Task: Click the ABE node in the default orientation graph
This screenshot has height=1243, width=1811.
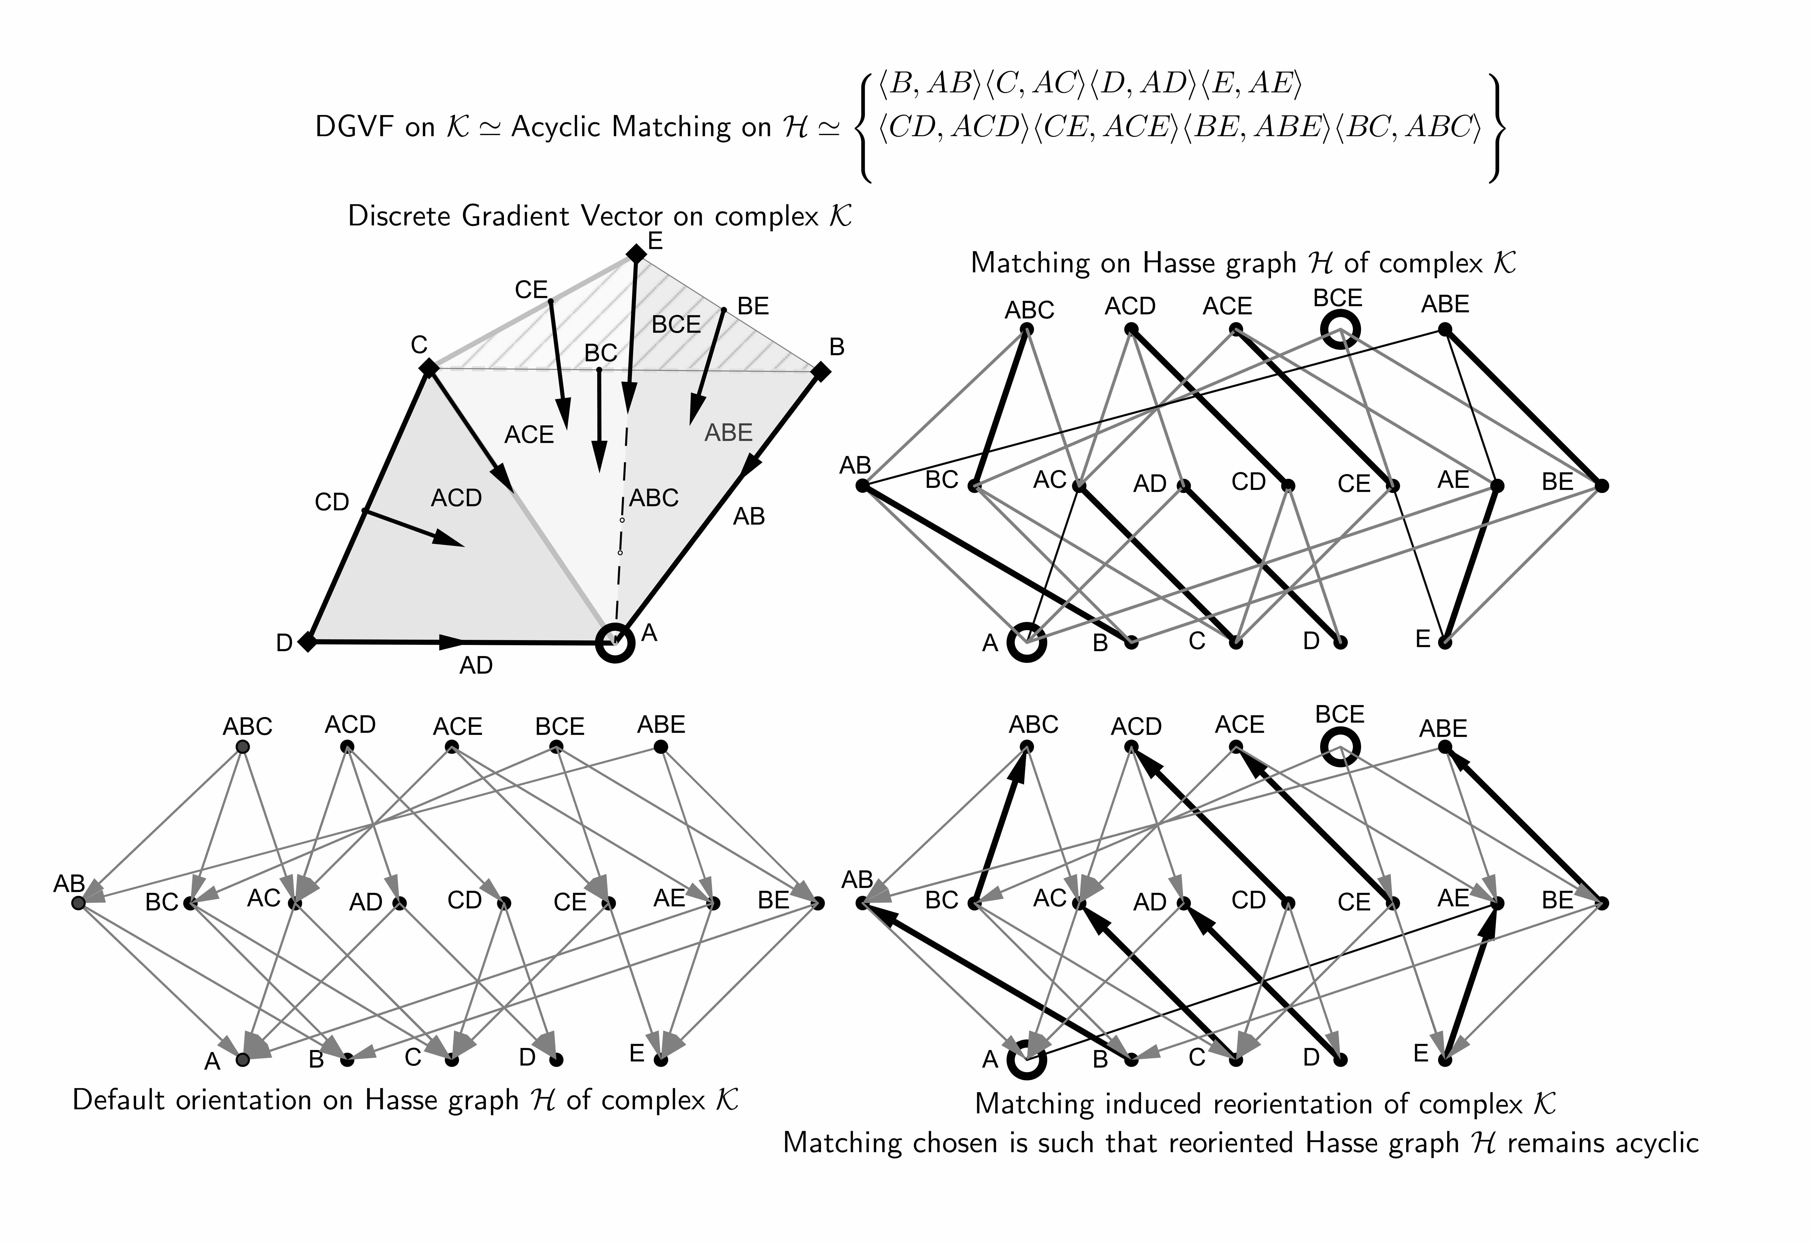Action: pyautogui.click(x=661, y=747)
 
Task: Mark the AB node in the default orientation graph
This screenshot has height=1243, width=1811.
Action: pyautogui.click(x=77, y=903)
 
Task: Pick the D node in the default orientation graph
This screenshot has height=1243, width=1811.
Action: pyautogui.click(x=556, y=1060)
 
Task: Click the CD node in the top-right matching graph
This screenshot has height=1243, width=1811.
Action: pyautogui.click(x=1288, y=486)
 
